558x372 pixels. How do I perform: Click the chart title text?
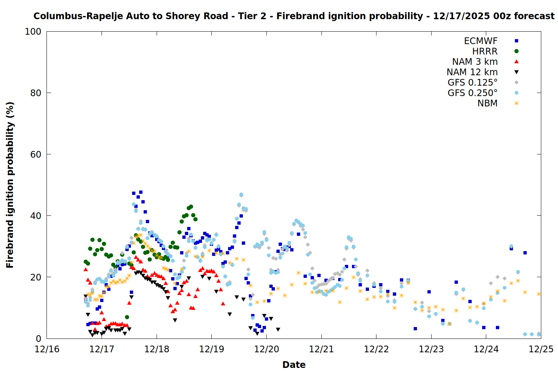294,16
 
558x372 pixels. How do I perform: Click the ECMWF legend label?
481,41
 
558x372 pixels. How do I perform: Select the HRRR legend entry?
485,51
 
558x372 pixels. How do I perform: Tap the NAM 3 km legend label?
475,62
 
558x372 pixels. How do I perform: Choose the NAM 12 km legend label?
472,72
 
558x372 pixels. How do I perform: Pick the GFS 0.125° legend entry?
472,83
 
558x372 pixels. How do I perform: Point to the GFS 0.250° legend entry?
472,93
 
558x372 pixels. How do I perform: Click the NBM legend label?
487,103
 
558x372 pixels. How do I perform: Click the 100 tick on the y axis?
33,32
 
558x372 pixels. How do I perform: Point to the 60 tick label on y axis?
36,154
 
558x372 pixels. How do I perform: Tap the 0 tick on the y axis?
38,339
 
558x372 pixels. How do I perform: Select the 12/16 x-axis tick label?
47,349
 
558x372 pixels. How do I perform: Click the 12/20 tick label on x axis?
267,349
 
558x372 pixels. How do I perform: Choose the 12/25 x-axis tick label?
541,349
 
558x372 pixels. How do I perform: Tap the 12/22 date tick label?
376,349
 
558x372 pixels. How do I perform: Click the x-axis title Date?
294,365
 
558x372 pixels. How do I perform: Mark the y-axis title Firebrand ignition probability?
10,185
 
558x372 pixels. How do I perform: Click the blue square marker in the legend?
516,41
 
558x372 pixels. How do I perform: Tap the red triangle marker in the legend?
516,62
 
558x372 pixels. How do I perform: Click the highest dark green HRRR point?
191,206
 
